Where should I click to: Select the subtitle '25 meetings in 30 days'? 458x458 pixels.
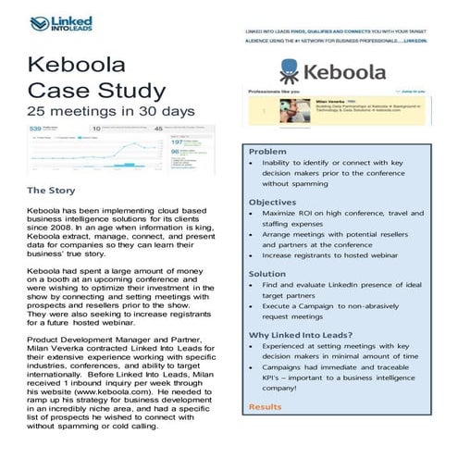pyautogui.click(x=111, y=111)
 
